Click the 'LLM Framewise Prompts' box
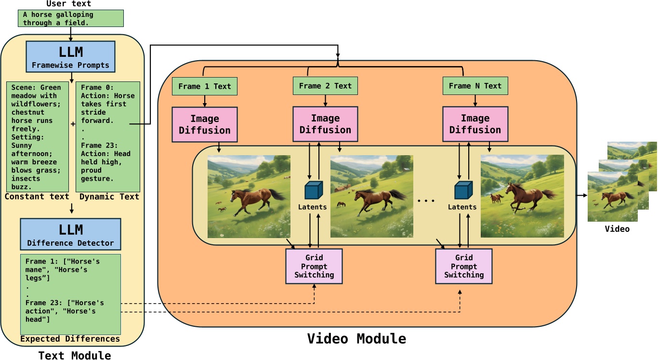coord(70,56)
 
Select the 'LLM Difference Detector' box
coord(70,234)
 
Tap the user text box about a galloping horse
coord(71,18)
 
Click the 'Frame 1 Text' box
coord(205,86)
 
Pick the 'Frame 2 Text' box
coord(325,86)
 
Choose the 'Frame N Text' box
coord(475,86)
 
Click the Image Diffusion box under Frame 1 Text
coord(205,124)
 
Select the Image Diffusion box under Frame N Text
coord(475,124)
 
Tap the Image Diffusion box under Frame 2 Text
coord(325,124)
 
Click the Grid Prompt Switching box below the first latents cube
coord(314,266)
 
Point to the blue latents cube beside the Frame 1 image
coord(314,190)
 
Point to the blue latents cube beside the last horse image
coord(462,190)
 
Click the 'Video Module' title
coord(356,339)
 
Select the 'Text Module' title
coord(75,356)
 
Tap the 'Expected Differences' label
coord(70,339)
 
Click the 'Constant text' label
coord(37,197)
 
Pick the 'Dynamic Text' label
coord(109,197)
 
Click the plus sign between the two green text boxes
coord(73,124)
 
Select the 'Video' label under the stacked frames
coord(617,229)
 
